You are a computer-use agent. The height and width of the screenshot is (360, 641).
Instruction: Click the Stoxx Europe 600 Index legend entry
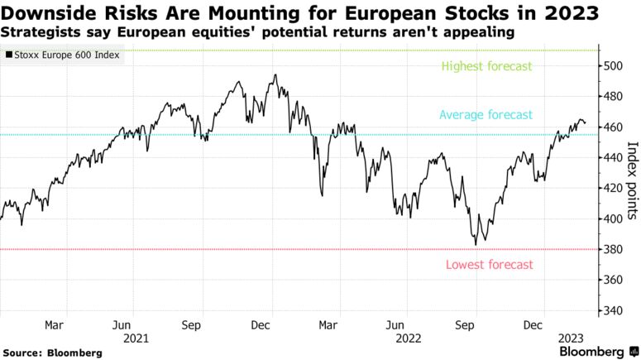coord(65,56)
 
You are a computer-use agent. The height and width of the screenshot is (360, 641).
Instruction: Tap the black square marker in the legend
coord(9,56)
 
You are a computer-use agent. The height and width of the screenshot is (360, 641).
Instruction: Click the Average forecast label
coord(486,115)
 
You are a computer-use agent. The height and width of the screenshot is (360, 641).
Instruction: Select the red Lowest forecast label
coord(490,265)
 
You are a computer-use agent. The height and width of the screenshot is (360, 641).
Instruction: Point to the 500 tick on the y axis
coord(612,65)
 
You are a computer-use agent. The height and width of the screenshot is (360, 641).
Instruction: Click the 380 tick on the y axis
coord(612,249)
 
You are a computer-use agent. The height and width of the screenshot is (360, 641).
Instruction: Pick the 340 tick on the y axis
coord(612,310)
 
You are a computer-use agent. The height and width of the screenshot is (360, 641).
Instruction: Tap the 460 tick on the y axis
coord(612,127)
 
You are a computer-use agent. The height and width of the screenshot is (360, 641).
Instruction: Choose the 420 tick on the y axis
coord(612,188)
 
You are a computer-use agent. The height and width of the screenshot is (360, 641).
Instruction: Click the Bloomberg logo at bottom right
coord(591,352)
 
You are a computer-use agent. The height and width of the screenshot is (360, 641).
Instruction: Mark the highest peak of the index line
coord(274,75)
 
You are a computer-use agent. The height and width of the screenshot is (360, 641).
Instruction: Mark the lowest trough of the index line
coord(476,245)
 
